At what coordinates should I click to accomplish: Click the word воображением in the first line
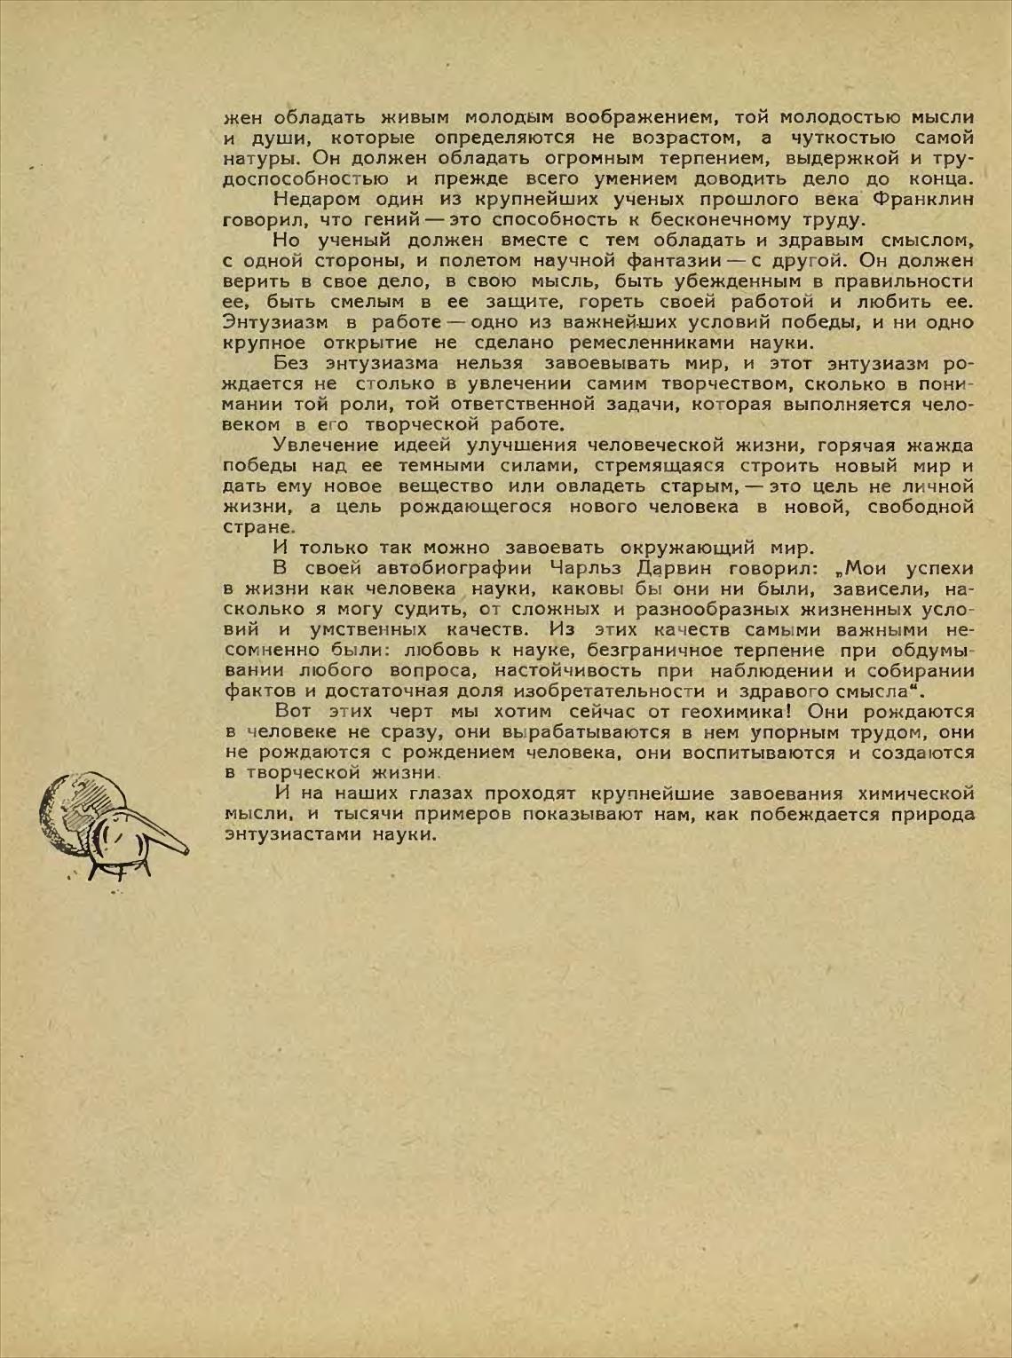click(580, 116)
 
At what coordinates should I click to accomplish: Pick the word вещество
click(445, 486)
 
